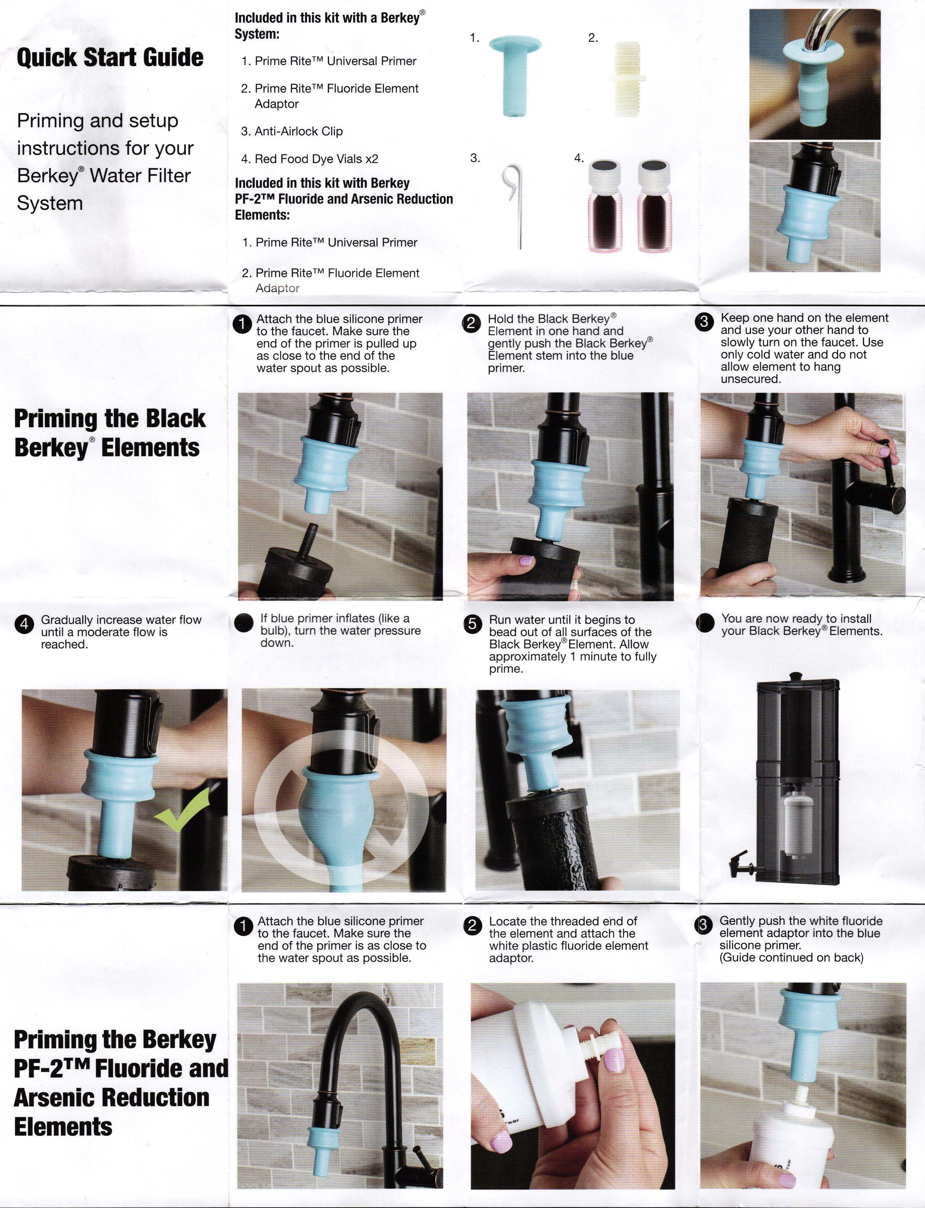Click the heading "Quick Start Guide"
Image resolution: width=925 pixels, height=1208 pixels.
click(110, 57)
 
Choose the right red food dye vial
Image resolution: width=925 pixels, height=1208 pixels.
click(654, 206)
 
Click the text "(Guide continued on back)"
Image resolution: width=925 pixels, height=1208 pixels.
click(791, 957)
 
